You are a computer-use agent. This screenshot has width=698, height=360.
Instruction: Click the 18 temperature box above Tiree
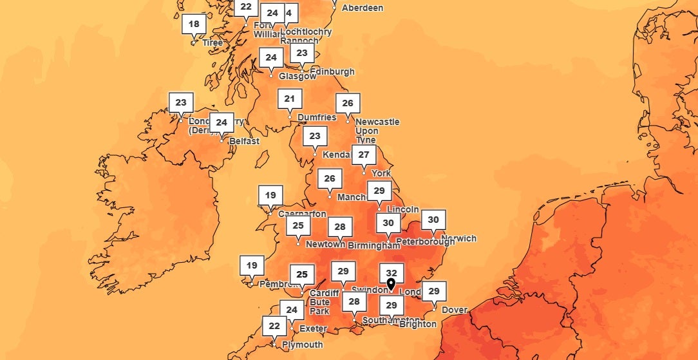194,24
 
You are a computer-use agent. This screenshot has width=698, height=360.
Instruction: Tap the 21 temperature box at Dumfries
290,99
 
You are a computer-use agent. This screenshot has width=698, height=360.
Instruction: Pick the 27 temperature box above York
364,155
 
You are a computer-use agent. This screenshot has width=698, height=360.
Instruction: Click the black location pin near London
391,284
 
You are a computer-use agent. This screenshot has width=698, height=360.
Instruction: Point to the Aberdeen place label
362,8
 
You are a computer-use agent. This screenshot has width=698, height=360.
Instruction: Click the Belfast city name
244,141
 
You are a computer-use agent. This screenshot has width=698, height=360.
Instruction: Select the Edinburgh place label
332,71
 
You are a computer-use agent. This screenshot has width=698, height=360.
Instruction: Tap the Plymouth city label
301,345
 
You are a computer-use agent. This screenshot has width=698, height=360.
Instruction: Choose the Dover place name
455,310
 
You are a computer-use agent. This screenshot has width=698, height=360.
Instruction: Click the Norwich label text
460,238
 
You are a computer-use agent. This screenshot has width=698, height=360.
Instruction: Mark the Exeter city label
313,329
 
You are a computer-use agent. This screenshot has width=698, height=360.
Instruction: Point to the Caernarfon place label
302,214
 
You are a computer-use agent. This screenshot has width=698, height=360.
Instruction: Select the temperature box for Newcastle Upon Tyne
348,103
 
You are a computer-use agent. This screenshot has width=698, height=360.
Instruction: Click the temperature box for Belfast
222,122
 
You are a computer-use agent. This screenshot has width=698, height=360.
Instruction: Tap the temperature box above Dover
434,291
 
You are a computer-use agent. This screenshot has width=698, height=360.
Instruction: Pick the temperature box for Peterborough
388,223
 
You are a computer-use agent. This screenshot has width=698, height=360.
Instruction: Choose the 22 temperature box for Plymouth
274,326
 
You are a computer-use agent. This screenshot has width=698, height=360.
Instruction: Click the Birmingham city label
373,245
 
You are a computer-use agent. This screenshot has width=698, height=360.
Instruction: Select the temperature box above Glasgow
271,57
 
